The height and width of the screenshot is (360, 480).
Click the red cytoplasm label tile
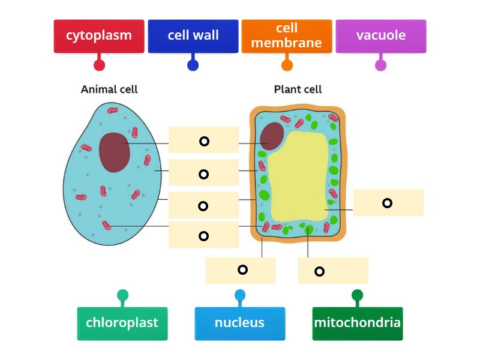point(99,35)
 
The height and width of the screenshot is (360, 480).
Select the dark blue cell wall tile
point(193,35)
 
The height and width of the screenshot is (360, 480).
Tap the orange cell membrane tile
point(287,35)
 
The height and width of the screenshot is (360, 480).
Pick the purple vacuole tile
point(380,35)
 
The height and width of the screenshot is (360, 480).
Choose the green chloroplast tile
point(122,323)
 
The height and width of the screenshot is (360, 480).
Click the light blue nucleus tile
point(239,323)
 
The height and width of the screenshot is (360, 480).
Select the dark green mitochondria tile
point(357,323)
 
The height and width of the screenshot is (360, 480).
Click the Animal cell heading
point(109,89)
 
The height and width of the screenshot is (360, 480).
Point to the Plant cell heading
point(298,89)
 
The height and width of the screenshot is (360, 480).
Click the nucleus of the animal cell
point(115,152)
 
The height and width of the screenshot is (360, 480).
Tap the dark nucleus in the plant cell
point(272,136)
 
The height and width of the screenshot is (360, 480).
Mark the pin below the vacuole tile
point(380,65)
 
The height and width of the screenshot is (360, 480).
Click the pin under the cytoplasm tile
point(99,65)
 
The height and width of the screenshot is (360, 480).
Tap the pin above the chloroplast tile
point(122,295)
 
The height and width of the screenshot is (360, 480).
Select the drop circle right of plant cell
point(387,203)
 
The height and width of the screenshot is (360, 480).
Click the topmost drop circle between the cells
point(204,141)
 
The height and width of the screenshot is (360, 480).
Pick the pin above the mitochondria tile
point(357,295)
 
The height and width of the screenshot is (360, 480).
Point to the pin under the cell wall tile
point(193,65)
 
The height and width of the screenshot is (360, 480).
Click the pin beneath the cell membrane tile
point(287,65)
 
